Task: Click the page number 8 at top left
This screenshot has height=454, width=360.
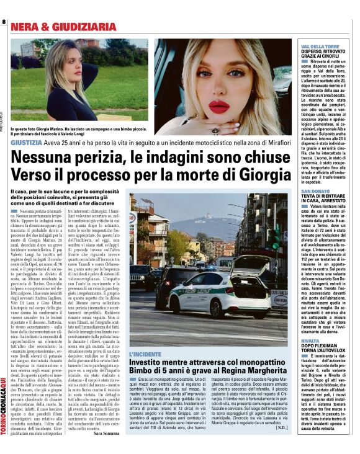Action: click(x=4, y=22)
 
